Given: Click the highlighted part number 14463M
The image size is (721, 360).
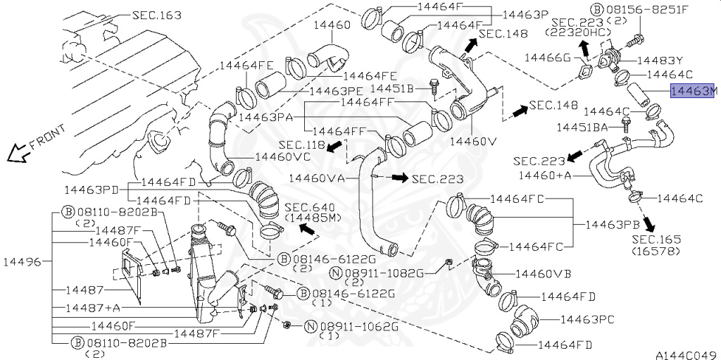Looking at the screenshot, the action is (694, 91).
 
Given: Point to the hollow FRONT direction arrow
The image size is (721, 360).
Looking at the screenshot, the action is (16, 153).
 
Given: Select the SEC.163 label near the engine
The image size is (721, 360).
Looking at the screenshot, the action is (157, 15).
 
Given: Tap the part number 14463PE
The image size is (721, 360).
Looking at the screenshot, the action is (336, 91).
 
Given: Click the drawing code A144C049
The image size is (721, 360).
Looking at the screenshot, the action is (687, 355).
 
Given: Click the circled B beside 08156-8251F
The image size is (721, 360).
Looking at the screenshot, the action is (597, 8).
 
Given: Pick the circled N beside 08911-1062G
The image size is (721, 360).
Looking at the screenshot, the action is (311, 327).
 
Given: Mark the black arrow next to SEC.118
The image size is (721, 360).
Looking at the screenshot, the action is (335, 146).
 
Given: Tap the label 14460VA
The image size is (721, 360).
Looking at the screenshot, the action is (317, 178).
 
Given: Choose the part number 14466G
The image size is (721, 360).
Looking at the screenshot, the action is (547, 57).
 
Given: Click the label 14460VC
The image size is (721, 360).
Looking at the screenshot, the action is (283, 156).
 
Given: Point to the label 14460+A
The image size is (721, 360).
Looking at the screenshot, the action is (546, 175).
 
